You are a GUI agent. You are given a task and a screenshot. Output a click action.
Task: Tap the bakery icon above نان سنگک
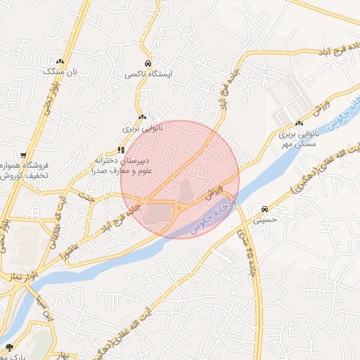tap(60, 62)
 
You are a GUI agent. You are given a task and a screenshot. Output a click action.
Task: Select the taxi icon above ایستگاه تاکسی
tap(148, 63)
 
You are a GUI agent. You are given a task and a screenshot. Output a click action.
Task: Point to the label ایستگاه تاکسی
tap(148, 73)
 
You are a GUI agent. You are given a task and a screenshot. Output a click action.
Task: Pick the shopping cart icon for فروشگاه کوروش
tap(24, 155)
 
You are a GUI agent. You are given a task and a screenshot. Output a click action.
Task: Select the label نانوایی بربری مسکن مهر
tap(298, 138)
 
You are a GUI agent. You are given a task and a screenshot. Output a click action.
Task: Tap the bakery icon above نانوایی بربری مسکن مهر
tap(300, 124)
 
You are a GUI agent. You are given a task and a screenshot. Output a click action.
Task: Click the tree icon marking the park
tap(9, 347)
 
